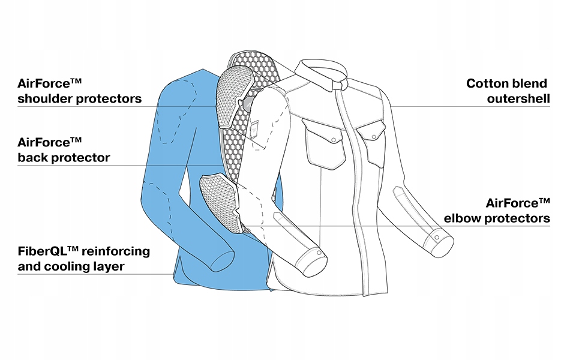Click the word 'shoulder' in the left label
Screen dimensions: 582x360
(x=46, y=98)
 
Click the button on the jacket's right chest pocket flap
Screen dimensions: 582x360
(x=374, y=137)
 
